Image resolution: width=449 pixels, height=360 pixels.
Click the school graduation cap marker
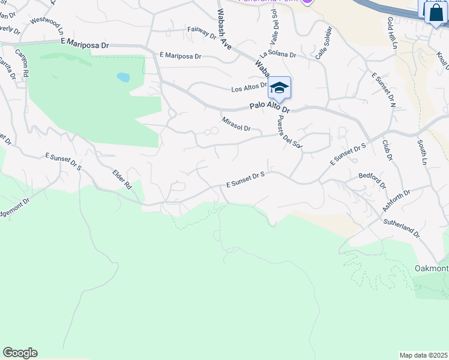(x=279, y=88)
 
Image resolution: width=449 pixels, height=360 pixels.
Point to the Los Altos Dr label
(x=249, y=88)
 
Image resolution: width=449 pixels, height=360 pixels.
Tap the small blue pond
(x=123, y=77)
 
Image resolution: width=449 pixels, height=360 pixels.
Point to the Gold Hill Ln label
(x=392, y=31)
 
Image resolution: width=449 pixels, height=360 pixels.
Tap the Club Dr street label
(x=387, y=150)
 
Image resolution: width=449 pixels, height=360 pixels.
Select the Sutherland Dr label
(x=402, y=229)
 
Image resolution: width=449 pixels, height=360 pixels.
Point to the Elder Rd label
(x=122, y=179)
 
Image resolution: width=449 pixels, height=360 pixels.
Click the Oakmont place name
(x=432, y=268)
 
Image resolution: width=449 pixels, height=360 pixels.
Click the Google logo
(x=20, y=353)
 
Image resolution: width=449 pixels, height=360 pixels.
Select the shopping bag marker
(x=435, y=13)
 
